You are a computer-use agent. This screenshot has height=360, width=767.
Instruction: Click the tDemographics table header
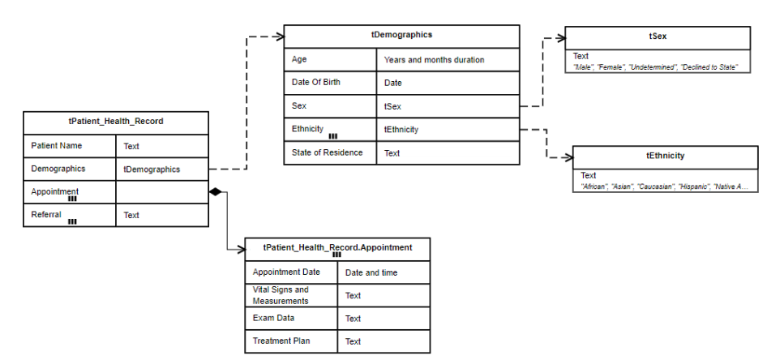pyautogui.click(x=401, y=36)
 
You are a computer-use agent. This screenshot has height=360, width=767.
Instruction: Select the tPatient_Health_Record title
pyautogui.click(x=116, y=122)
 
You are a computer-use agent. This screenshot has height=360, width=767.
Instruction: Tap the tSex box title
pyautogui.click(x=658, y=37)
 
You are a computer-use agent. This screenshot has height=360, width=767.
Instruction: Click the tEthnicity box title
pyautogui.click(x=665, y=156)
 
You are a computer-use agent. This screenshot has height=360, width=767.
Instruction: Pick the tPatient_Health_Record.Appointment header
pyautogui.click(x=337, y=247)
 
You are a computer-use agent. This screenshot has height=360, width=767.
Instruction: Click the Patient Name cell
pyautogui.click(x=57, y=146)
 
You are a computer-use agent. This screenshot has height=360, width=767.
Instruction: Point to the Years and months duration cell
pyautogui.click(x=434, y=60)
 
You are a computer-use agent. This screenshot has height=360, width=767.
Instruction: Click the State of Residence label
pyautogui.click(x=327, y=152)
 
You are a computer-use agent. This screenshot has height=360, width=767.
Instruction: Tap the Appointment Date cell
pyautogui.click(x=285, y=272)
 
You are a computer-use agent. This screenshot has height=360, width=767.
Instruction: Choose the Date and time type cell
pyautogui.click(x=371, y=273)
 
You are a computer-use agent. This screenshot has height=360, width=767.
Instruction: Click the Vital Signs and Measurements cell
pyautogui.click(x=281, y=295)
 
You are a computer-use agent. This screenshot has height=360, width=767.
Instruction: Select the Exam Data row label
pyautogui.click(x=274, y=319)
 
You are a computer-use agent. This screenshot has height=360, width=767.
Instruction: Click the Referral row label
pyautogui.click(x=46, y=215)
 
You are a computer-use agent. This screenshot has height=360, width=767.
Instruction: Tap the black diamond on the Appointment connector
pyautogui.click(x=215, y=191)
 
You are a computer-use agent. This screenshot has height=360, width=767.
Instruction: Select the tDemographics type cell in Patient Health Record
pyautogui.click(x=152, y=169)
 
